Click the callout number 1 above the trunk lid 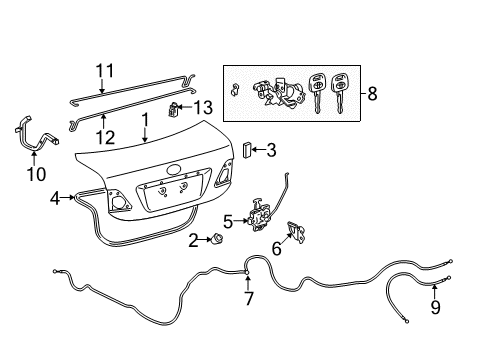[x=145, y=122]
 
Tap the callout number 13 [x=203, y=107]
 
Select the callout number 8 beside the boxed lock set [x=372, y=94]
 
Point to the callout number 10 [x=36, y=174]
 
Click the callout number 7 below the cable [x=249, y=299]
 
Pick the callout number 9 [x=435, y=307]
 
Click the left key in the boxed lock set [x=316, y=93]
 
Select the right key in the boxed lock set [x=338, y=93]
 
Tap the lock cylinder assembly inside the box [x=279, y=92]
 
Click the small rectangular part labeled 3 [x=247, y=150]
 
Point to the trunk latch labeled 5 [x=259, y=216]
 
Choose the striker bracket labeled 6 [x=296, y=232]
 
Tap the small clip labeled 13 [x=173, y=110]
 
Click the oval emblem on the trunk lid [x=174, y=170]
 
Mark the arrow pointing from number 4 [x=68, y=198]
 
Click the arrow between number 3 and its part [x=259, y=150]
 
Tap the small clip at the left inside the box [x=235, y=89]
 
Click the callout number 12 [x=105, y=137]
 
